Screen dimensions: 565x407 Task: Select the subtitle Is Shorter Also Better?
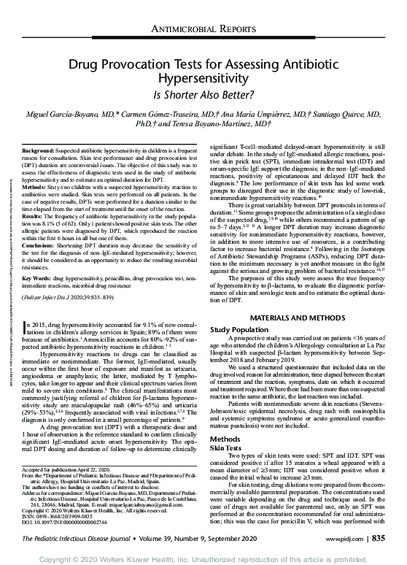click(203, 94)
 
